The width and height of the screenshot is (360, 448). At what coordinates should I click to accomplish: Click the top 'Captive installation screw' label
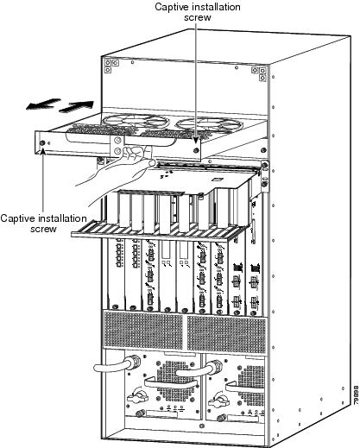click(x=198, y=12)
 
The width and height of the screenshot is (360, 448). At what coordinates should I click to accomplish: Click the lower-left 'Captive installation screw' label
click(x=43, y=224)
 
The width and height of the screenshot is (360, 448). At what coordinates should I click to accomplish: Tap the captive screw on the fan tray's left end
click(x=42, y=142)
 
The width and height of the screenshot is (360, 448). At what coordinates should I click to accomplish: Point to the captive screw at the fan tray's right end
click(x=196, y=150)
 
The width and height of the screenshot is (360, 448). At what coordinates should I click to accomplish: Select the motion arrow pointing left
click(x=43, y=104)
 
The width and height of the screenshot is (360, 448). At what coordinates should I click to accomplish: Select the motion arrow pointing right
click(x=77, y=106)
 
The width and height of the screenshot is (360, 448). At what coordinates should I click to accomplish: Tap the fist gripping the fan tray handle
click(x=133, y=155)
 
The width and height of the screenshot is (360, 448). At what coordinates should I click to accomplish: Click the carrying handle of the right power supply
click(x=245, y=387)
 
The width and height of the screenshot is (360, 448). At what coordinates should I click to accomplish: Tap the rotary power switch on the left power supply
click(x=137, y=398)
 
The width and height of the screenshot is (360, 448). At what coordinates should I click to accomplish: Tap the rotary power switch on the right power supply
click(x=219, y=401)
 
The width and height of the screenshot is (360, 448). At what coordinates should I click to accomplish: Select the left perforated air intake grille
click(x=142, y=330)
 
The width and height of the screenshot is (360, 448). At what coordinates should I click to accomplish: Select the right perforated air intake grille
click(x=226, y=334)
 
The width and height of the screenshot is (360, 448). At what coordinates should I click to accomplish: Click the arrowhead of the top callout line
click(x=196, y=140)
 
